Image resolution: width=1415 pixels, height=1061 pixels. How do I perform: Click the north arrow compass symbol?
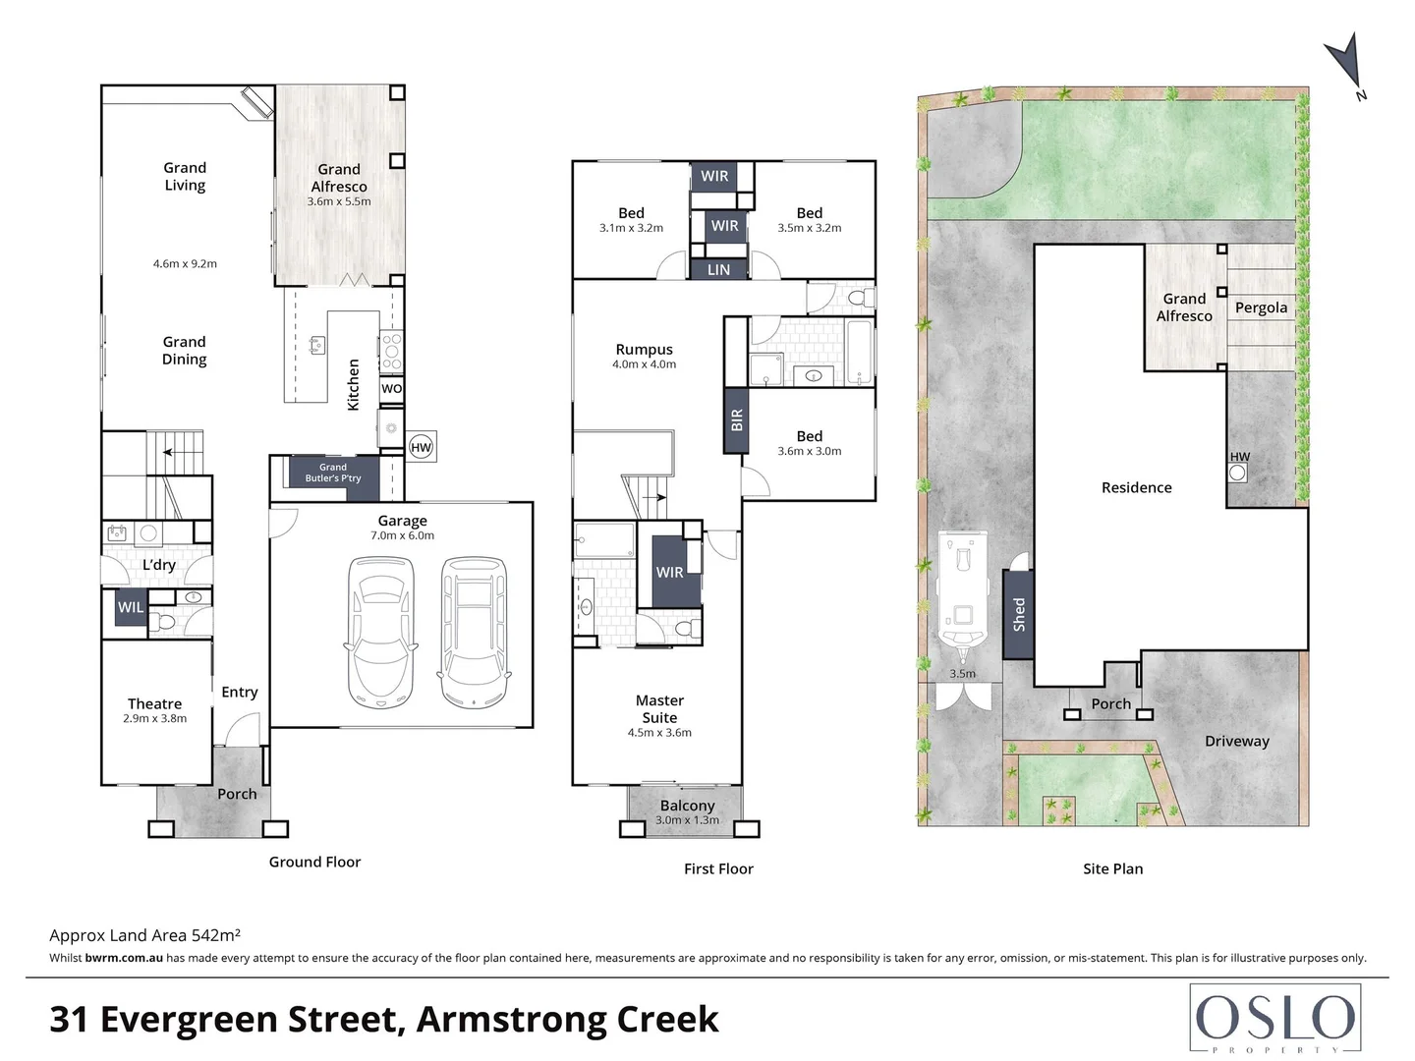1346,65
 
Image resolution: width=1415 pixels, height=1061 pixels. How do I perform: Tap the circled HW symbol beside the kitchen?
421,447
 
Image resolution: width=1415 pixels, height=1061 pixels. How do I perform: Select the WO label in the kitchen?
391,388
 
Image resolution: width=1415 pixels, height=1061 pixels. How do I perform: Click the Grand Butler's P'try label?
333,473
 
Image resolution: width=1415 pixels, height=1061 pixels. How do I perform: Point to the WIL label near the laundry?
131,607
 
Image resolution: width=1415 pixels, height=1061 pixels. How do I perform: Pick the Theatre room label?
154,703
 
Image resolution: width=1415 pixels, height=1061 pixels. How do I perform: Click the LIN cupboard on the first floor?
718,269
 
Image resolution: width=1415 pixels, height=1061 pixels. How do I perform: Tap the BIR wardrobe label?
736,420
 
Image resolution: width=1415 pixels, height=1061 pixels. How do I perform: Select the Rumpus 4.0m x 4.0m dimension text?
644,363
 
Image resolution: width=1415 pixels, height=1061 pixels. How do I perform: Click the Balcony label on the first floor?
687,806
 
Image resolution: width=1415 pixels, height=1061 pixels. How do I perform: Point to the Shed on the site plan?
1019,614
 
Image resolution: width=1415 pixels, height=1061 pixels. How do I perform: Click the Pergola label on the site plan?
1261,307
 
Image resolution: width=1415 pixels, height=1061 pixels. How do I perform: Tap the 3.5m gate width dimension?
962,674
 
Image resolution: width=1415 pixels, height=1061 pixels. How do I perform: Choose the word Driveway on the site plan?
1237,741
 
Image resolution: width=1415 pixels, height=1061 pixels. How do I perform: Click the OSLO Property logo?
1275,1019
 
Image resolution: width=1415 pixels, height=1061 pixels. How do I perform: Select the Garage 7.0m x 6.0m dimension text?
402,535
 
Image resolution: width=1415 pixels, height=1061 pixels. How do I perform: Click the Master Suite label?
659,708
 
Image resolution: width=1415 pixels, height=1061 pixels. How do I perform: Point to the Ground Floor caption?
314,862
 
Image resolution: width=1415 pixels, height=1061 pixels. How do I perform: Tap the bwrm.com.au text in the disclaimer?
124,958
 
